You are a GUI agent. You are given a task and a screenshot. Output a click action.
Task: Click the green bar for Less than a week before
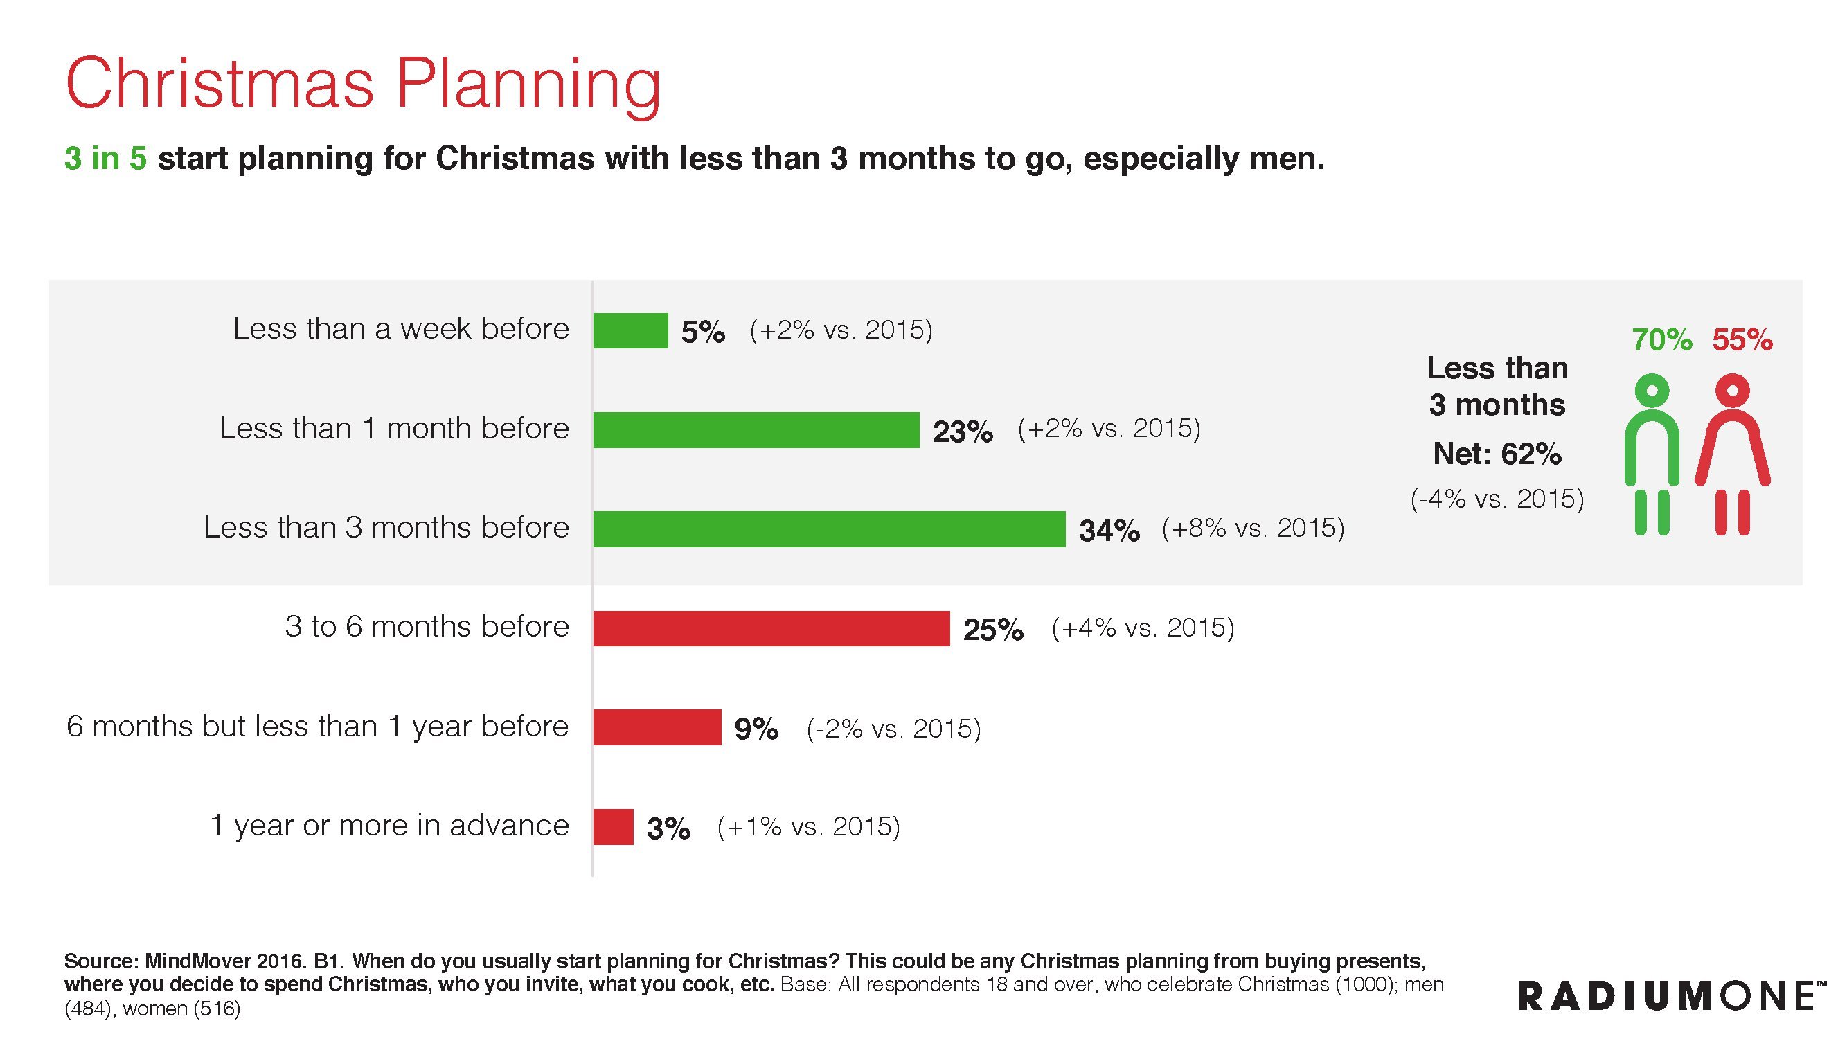[630, 330]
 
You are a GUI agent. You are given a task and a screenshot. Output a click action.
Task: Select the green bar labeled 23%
[756, 429]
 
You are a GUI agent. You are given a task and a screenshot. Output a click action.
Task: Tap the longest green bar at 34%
[829, 529]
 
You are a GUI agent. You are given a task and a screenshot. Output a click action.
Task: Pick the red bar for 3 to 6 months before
[771, 628]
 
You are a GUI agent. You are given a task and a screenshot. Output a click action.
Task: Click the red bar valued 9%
[657, 727]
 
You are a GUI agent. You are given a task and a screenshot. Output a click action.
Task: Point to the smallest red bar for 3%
[613, 827]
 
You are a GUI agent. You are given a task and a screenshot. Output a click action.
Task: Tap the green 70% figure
[1661, 340]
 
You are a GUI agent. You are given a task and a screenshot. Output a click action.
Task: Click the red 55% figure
[1742, 340]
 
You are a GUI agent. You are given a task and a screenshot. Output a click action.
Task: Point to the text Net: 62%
[1497, 454]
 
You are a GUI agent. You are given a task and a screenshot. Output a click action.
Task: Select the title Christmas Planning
[363, 84]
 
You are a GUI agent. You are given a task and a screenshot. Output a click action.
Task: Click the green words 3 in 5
[105, 159]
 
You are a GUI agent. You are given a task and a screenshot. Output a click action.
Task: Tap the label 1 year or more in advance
[389, 826]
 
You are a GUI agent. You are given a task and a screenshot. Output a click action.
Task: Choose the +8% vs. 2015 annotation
[1253, 529]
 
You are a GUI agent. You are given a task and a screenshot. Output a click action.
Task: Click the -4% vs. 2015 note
[1497, 498]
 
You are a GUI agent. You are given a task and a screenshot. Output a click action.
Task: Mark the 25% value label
[993, 630]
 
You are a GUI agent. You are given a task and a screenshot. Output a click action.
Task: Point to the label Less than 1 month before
[393, 428]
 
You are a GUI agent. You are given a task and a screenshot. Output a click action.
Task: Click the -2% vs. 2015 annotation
[893, 729]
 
